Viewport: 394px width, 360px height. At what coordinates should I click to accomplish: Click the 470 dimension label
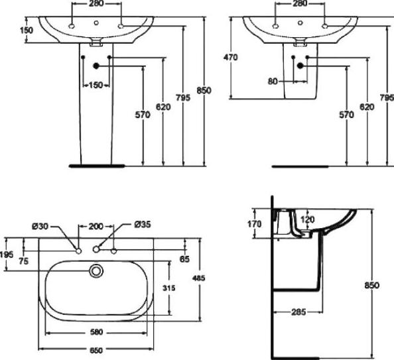tap(230, 58)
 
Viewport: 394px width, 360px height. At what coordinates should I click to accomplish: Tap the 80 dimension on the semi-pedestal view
tap(273, 82)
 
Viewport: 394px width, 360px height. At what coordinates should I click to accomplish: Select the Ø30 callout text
tap(40, 226)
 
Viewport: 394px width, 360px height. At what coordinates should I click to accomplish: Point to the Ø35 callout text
tap(143, 224)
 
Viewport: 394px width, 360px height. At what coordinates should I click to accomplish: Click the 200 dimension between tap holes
tap(96, 226)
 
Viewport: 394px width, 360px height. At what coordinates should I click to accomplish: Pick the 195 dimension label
tap(7, 255)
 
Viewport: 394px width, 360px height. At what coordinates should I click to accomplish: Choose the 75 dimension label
tap(24, 261)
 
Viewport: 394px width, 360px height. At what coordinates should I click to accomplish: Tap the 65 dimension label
tap(184, 259)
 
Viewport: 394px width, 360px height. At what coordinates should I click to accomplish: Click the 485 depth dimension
tap(198, 278)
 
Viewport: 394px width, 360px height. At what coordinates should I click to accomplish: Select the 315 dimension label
tap(168, 288)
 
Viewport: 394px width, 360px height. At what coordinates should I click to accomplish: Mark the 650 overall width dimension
tap(96, 350)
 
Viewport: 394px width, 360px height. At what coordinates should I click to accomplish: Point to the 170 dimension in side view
tap(255, 224)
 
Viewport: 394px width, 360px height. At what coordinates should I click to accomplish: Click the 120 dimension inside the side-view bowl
tap(308, 219)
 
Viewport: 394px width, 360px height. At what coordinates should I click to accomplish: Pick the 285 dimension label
tap(298, 312)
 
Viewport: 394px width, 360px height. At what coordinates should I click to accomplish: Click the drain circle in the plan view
tap(96, 270)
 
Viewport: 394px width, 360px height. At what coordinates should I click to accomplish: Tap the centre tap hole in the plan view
tap(96, 249)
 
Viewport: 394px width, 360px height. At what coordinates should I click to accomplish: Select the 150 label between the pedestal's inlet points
tap(96, 85)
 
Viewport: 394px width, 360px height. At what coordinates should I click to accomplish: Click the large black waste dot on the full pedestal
tap(96, 66)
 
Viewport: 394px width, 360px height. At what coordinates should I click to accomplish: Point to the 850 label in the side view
tap(371, 286)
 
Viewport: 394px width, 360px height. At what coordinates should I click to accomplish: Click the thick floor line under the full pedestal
tap(97, 166)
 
